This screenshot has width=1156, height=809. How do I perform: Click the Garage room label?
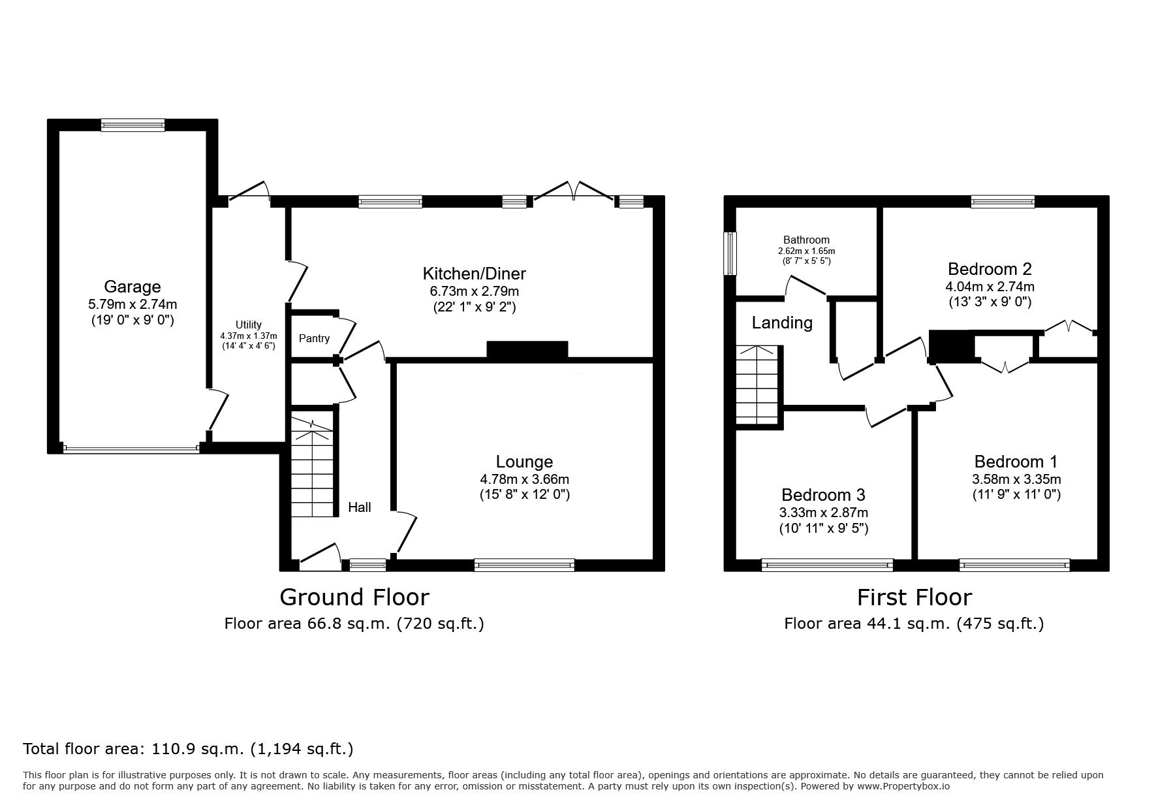click(133, 287)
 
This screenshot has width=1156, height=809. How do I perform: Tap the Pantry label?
click(314, 338)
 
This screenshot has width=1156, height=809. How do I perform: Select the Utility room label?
click(249, 325)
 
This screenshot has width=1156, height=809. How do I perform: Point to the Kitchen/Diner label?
click(475, 274)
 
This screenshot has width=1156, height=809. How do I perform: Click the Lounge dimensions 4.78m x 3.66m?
click(524, 479)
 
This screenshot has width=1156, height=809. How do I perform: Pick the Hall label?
click(360, 507)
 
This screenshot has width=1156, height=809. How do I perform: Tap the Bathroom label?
click(807, 240)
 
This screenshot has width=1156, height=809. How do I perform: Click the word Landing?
click(782, 323)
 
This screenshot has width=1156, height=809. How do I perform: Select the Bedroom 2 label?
click(990, 269)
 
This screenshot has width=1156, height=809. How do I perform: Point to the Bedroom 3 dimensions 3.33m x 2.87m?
click(824, 513)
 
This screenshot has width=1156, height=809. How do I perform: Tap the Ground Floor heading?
click(354, 597)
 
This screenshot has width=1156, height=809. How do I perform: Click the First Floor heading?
click(914, 597)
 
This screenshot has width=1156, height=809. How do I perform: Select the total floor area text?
click(188, 748)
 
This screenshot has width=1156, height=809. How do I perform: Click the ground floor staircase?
click(312, 468)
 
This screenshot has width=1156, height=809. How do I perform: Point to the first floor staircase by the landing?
click(758, 385)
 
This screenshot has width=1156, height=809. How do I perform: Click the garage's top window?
click(133, 125)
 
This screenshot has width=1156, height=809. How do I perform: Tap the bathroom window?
click(730, 253)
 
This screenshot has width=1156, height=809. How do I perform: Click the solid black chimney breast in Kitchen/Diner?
click(527, 349)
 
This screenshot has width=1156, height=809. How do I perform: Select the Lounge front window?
click(525, 565)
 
